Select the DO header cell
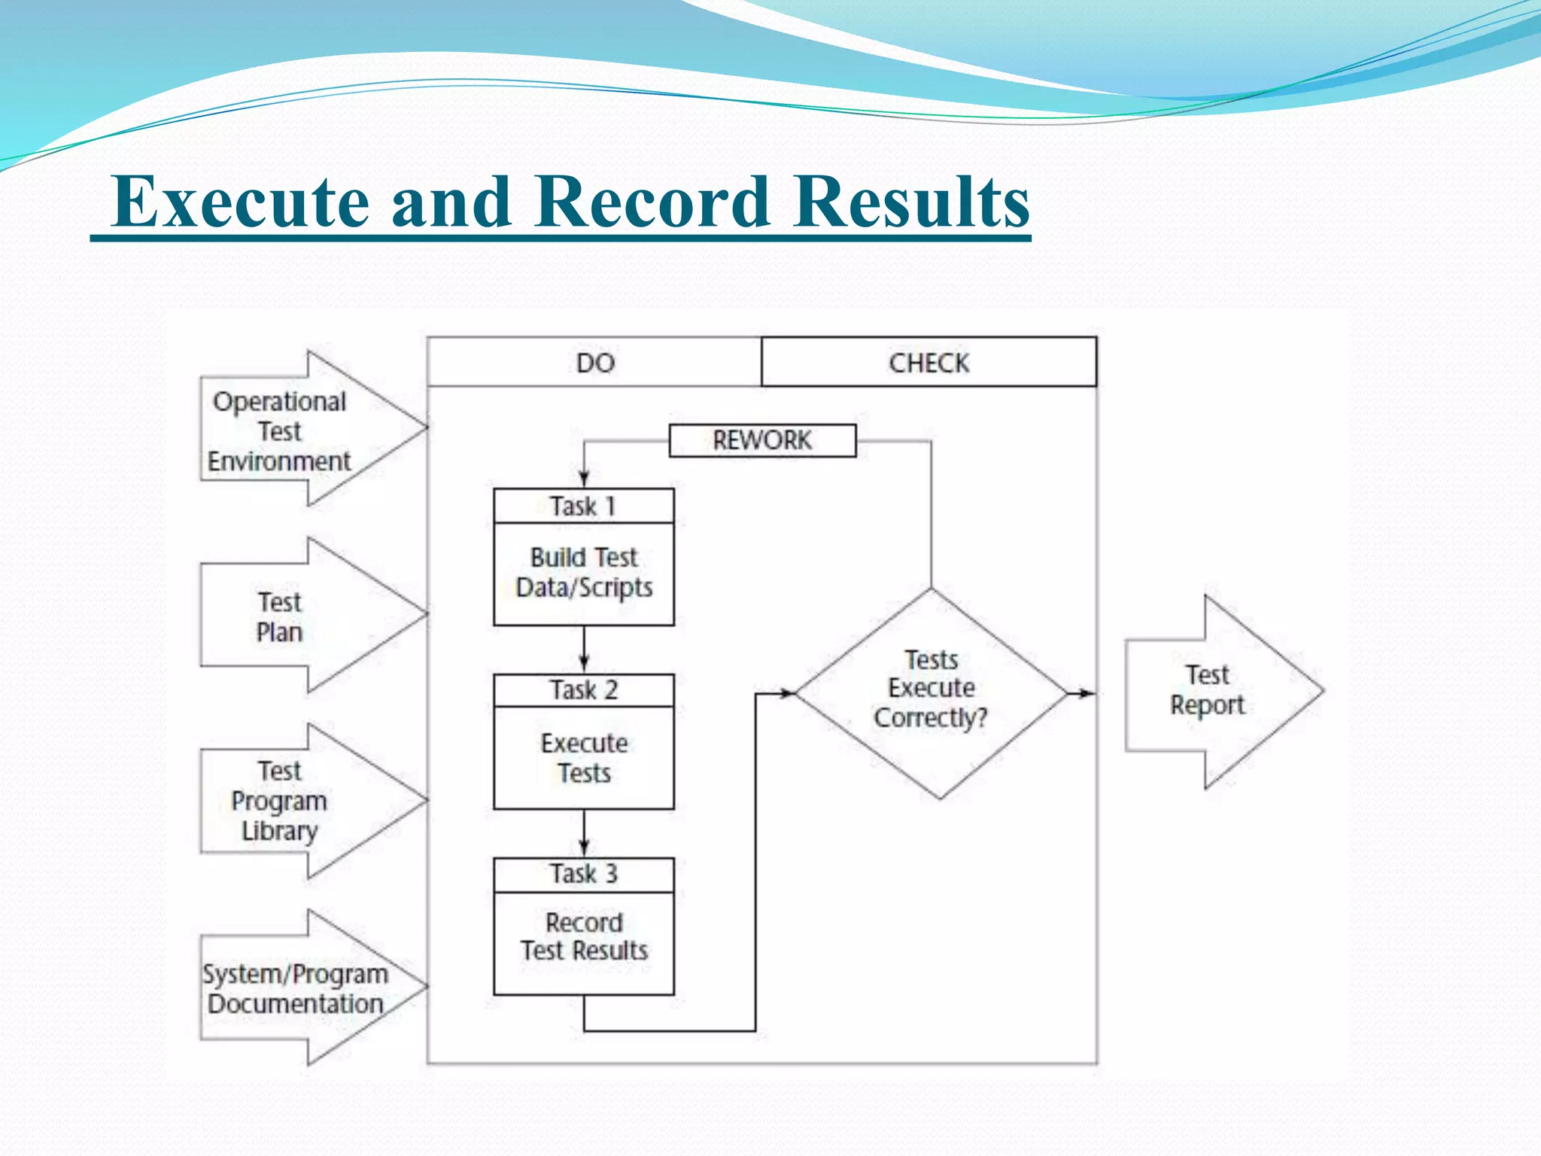click(x=594, y=363)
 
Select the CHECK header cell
click(x=929, y=363)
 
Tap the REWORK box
click(x=762, y=440)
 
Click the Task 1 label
click(x=583, y=506)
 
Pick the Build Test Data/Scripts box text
click(x=584, y=573)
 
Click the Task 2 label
click(x=583, y=690)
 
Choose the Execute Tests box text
click(x=584, y=758)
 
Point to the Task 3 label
click(x=583, y=874)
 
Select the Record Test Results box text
click(x=584, y=937)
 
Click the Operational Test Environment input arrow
click(x=293, y=430)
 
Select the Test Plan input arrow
click(x=293, y=616)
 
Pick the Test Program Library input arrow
click(x=293, y=801)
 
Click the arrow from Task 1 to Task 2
click(x=584, y=649)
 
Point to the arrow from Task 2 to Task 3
click(x=584, y=834)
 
